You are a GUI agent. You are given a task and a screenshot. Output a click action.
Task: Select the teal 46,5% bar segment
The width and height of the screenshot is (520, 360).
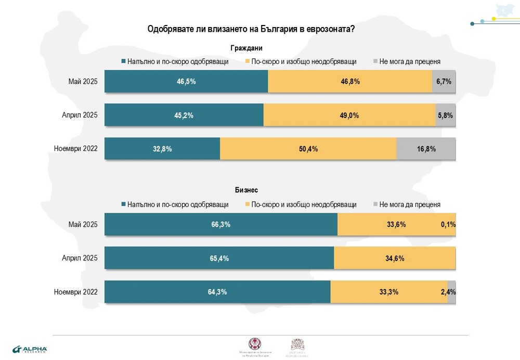point(186,82)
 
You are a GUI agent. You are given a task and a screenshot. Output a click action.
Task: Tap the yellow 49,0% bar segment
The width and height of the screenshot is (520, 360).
point(349,115)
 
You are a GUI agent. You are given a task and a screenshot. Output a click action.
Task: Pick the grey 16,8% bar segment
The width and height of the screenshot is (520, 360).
point(426,149)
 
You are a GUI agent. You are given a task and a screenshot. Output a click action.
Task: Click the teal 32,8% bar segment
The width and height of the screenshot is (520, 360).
point(162,149)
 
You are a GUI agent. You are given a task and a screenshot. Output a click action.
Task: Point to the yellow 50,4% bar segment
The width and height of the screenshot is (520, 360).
point(308,149)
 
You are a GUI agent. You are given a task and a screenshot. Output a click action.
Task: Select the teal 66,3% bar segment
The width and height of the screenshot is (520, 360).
point(221,225)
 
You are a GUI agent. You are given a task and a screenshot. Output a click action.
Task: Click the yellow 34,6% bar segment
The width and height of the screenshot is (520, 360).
point(395,258)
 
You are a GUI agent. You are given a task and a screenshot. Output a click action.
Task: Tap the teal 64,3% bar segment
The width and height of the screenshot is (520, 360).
point(217,292)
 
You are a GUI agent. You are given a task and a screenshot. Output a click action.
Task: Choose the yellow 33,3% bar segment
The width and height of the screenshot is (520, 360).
point(388,292)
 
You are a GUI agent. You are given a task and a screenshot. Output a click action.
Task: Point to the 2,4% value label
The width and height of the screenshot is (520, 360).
point(448,292)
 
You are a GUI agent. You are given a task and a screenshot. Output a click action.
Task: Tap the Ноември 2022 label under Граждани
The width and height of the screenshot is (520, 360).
point(76,149)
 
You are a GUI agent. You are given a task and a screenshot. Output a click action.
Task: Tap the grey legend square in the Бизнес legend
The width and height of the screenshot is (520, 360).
point(376,204)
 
